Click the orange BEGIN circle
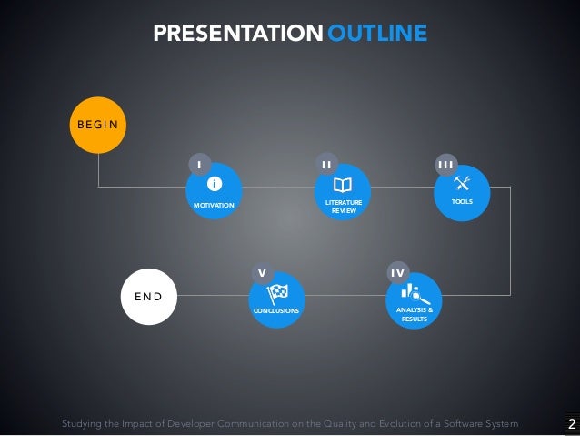coord(96,124)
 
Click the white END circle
coord(148,297)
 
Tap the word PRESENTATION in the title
coord(237,35)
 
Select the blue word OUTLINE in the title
coord(376,35)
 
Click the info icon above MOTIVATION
coord(215,184)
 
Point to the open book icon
coord(343,183)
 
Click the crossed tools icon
coord(461,179)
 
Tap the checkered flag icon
coord(277,293)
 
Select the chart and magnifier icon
coord(415,293)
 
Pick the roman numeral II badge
coord(327,164)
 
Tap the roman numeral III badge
coord(445,164)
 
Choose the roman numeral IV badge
coord(398,273)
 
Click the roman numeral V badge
coord(262,273)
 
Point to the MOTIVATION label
coord(214,207)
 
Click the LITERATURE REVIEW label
coord(343,206)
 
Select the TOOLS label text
coord(461,201)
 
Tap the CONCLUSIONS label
coord(276,311)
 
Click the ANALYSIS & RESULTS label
coord(415,315)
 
